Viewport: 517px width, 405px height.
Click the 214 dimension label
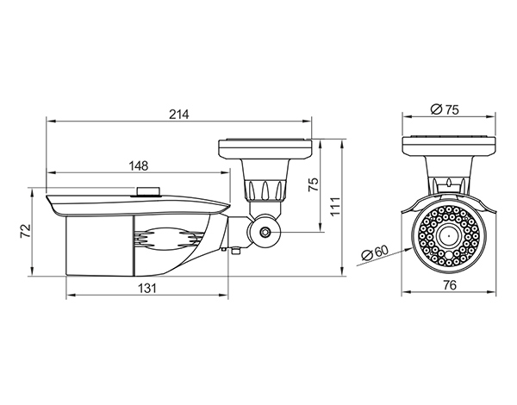click(x=179, y=114)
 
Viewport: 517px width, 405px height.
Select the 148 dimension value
click(x=139, y=165)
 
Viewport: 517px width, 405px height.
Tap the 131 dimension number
click(x=146, y=289)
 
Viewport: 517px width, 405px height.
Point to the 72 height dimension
click(x=25, y=231)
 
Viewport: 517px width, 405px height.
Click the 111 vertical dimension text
click(x=335, y=207)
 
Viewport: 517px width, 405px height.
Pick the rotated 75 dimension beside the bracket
click(x=314, y=184)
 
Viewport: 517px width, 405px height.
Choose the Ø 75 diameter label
click(x=445, y=109)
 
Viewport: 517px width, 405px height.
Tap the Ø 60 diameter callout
click(x=375, y=252)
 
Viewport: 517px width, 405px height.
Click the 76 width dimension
click(x=450, y=284)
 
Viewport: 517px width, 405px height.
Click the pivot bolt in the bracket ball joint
click(x=265, y=232)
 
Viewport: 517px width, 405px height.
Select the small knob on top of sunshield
click(x=148, y=191)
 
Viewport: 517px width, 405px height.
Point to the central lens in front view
click(x=449, y=235)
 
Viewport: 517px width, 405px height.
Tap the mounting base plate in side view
click(x=265, y=149)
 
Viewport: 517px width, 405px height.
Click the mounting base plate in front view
click(x=449, y=146)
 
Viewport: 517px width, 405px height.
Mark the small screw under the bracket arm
click(x=236, y=251)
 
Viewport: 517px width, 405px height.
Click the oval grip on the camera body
click(x=169, y=240)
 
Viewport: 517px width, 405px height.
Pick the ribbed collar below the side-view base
click(x=265, y=190)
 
